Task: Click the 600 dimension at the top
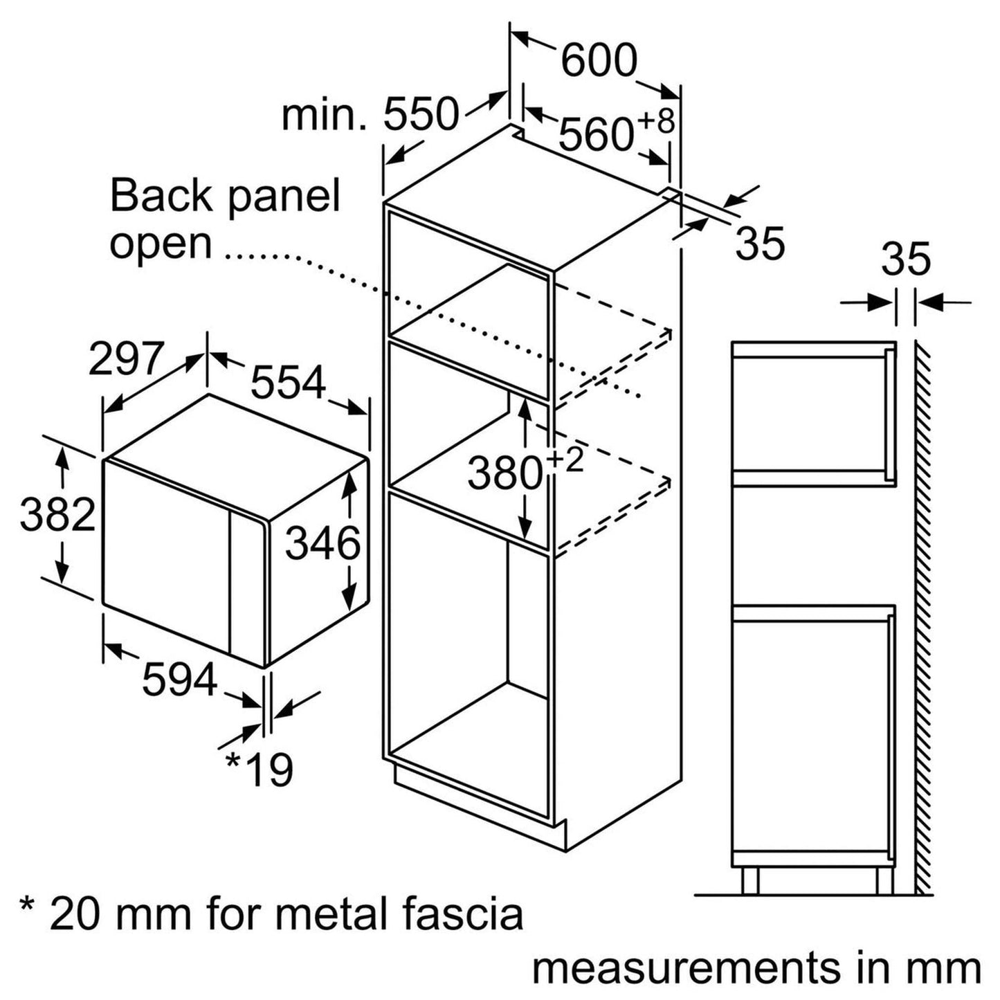[598, 60]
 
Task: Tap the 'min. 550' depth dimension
[370, 115]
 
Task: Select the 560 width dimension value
[596, 134]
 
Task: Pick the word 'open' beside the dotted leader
[161, 244]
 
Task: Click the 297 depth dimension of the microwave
[126, 358]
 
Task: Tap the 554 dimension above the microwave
[287, 382]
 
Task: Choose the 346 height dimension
[323, 543]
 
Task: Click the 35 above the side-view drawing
[906, 260]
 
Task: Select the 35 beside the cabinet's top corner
[760, 243]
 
